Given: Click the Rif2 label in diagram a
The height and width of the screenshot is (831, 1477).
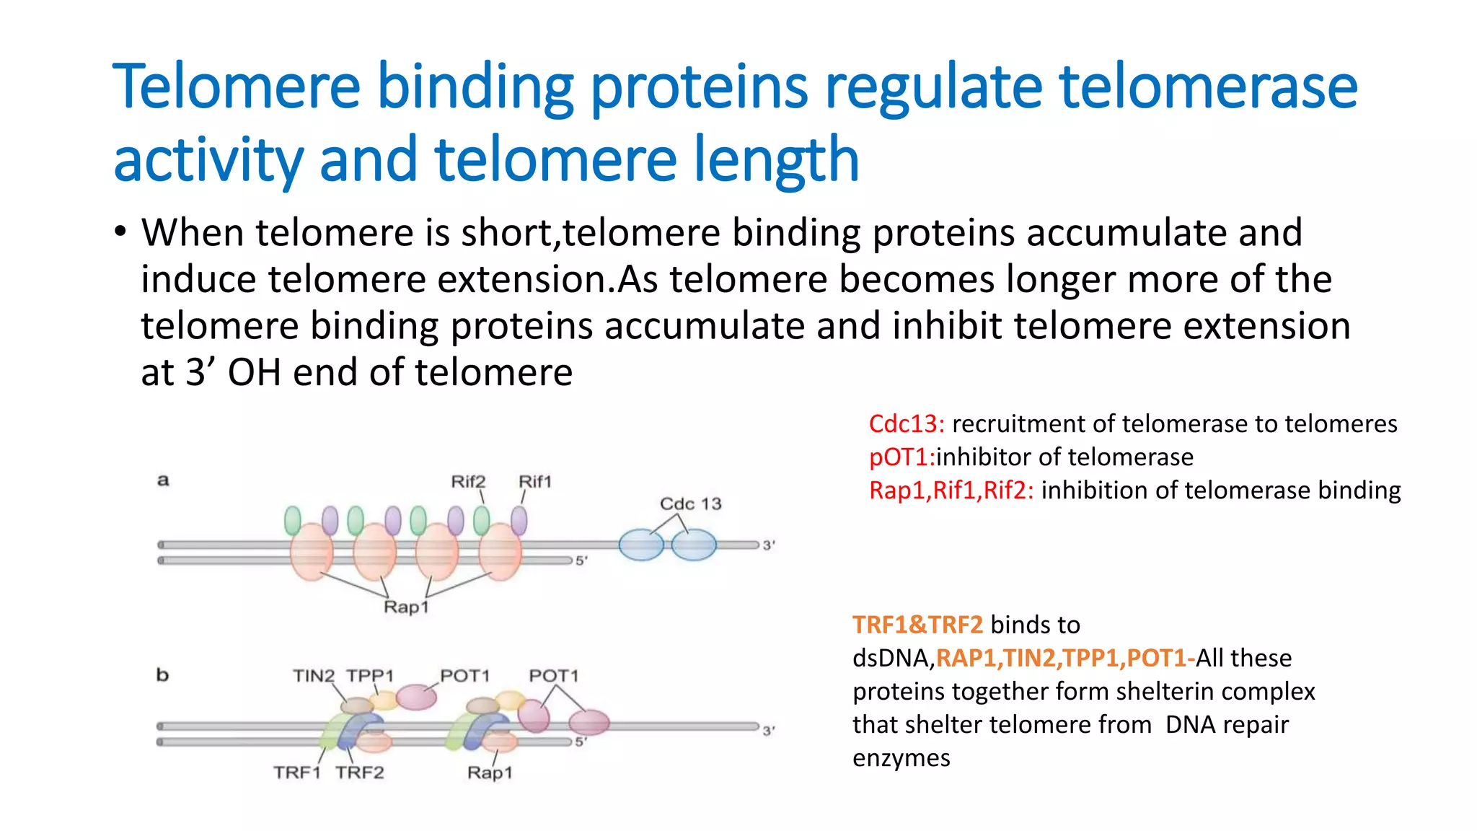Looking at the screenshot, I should click(468, 481).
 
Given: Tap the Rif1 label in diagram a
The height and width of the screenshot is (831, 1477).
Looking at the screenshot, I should click(535, 481).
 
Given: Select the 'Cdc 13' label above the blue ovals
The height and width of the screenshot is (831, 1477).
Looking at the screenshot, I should click(690, 504).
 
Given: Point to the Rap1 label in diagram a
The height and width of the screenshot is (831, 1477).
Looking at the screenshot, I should click(406, 607).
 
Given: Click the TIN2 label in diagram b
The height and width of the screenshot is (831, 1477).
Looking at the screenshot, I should click(314, 676).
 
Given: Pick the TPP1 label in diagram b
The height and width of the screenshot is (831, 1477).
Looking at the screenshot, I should click(370, 676).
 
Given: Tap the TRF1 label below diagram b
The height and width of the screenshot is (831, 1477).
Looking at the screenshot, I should click(297, 773).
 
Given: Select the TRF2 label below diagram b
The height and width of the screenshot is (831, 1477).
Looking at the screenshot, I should click(359, 773).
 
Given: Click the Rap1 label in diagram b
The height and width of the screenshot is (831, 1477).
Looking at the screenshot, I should click(490, 773).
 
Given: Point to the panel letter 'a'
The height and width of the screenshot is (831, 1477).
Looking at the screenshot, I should click(164, 480).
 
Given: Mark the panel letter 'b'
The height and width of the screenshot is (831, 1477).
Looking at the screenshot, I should click(163, 675).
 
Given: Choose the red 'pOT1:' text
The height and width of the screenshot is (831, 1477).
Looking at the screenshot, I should click(901, 457).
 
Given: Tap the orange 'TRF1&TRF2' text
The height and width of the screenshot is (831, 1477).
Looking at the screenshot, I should click(917, 625).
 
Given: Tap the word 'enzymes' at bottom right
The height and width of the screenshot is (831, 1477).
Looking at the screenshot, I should click(901, 758).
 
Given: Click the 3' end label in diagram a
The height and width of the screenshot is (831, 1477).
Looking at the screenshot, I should click(769, 545).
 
